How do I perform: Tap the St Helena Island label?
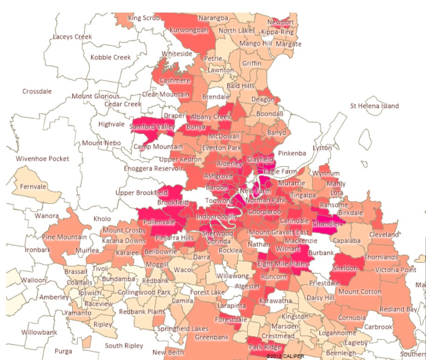click(375, 106)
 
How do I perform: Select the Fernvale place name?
click(35, 187)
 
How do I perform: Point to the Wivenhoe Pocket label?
click(43, 159)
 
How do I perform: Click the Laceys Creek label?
click(72, 36)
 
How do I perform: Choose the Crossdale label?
click(37, 92)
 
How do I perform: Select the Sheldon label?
click(345, 268)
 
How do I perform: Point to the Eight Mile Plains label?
click(283, 264)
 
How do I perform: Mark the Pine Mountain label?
click(64, 237)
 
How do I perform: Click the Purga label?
click(64, 351)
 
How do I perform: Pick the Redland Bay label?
click(398, 310)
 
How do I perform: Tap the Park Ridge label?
click(265, 347)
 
